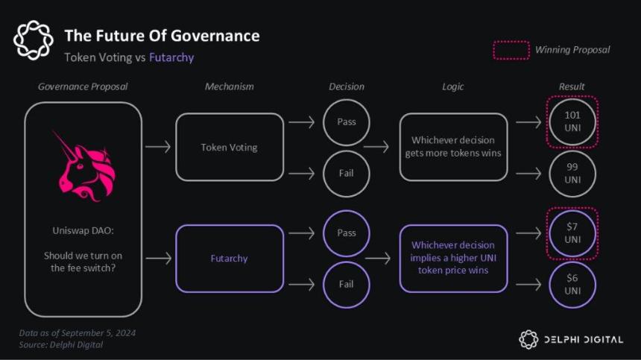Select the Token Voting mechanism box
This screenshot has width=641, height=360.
click(x=229, y=147)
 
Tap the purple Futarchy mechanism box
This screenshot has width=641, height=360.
click(x=229, y=259)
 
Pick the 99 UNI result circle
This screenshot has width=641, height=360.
click(x=572, y=174)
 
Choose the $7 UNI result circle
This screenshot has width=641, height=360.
click(x=572, y=233)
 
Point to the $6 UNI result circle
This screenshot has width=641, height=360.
click(x=572, y=284)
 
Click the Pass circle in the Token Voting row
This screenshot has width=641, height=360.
click(x=347, y=121)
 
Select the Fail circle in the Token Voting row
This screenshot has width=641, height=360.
click(x=347, y=174)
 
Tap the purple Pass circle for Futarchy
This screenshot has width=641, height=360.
click(x=347, y=233)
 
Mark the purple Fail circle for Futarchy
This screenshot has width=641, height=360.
click(x=347, y=284)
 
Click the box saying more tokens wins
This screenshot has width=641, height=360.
click(x=453, y=147)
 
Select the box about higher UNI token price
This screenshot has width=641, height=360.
click(x=453, y=258)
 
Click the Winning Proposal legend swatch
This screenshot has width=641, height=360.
click(x=511, y=50)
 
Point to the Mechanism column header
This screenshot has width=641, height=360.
click(x=229, y=86)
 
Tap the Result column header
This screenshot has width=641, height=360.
click(x=572, y=86)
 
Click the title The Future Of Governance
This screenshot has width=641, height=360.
click(x=162, y=35)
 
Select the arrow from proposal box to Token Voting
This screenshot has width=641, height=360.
click(x=157, y=147)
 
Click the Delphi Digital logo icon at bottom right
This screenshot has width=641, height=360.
click(x=528, y=339)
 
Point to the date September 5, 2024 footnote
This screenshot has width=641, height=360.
click(x=78, y=332)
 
